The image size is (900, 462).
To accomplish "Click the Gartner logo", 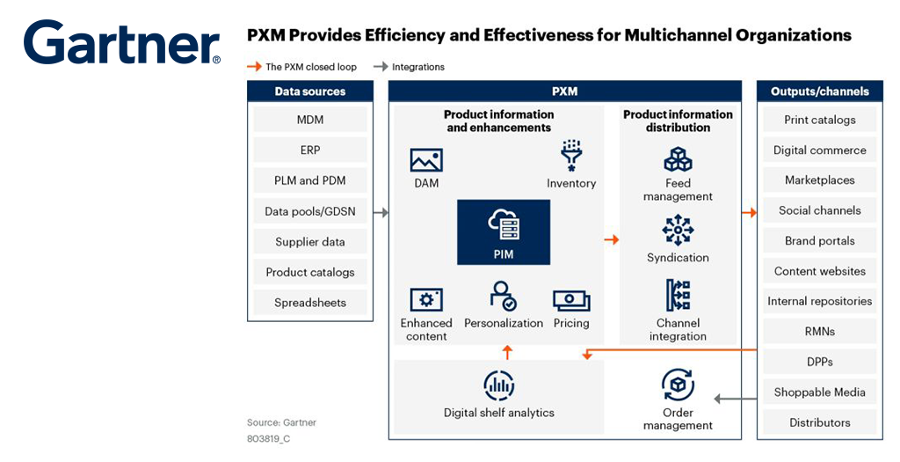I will click(x=121, y=43).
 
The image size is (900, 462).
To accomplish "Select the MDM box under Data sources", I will click(x=310, y=120).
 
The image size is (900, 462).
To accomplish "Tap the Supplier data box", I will click(x=310, y=242).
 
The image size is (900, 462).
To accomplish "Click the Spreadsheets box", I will click(x=310, y=303).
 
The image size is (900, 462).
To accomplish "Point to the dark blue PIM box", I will click(x=504, y=232).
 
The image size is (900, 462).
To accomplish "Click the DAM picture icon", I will click(x=426, y=160).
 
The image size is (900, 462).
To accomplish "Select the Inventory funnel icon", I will click(x=571, y=155).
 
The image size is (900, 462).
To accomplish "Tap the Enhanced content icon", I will click(x=426, y=299).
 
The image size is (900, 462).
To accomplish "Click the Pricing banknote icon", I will click(x=571, y=300).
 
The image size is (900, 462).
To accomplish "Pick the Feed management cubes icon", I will click(x=678, y=160).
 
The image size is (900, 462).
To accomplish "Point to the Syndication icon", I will click(x=678, y=230).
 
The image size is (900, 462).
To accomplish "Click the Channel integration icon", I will click(x=678, y=296).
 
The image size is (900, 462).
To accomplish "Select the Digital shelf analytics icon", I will click(x=499, y=385).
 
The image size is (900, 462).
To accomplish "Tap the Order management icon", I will click(x=678, y=385).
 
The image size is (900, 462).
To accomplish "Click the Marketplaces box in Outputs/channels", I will click(x=819, y=180).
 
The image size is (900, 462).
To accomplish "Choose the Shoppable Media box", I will click(x=819, y=392).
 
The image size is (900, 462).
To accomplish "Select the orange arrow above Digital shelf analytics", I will click(x=507, y=353).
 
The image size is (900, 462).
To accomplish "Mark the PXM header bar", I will click(x=565, y=92).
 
